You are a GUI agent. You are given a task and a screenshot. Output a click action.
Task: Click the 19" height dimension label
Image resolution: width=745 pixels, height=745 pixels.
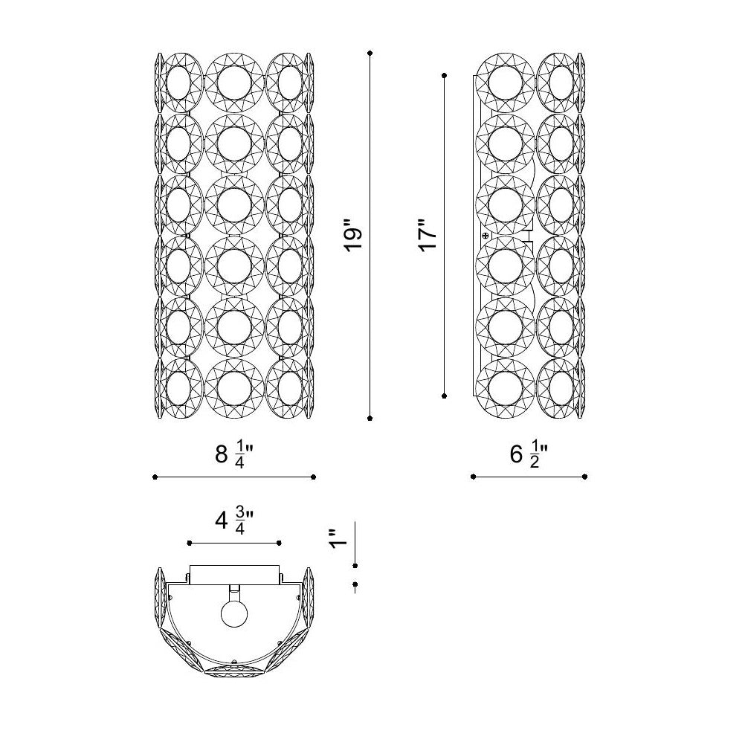click(x=354, y=235)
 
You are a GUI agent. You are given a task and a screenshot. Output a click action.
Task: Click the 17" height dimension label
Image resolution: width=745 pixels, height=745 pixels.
click(x=428, y=235)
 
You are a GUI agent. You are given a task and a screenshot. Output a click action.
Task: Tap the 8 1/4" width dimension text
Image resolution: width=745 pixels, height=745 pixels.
click(x=233, y=455)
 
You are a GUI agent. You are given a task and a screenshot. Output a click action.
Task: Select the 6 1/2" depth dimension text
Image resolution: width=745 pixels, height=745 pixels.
click(x=529, y=454)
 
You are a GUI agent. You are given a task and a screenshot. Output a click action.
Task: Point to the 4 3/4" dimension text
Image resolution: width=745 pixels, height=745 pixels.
click(x=233, y=521)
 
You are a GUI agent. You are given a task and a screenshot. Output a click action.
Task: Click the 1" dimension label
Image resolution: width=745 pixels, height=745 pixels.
click(x=339, y=538)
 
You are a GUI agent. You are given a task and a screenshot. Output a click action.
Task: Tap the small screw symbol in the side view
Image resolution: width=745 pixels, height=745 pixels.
click(x=485, y=236)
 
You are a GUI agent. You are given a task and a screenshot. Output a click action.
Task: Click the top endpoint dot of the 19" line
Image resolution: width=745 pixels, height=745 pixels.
click(x=370, y=54)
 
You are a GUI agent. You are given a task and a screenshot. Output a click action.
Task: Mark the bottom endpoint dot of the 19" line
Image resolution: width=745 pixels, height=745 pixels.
click(x=370, y=418)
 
